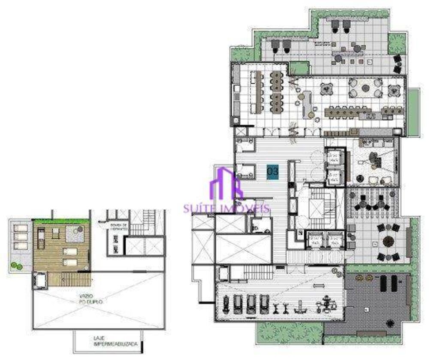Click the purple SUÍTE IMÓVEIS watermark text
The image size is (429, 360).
click(227, 209)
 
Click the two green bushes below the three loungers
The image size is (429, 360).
click(17, 266)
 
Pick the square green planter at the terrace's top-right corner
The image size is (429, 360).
click(396, 43)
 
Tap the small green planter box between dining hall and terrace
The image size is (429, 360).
click(299, 68)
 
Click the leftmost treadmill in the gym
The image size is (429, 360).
click(238, 303)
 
